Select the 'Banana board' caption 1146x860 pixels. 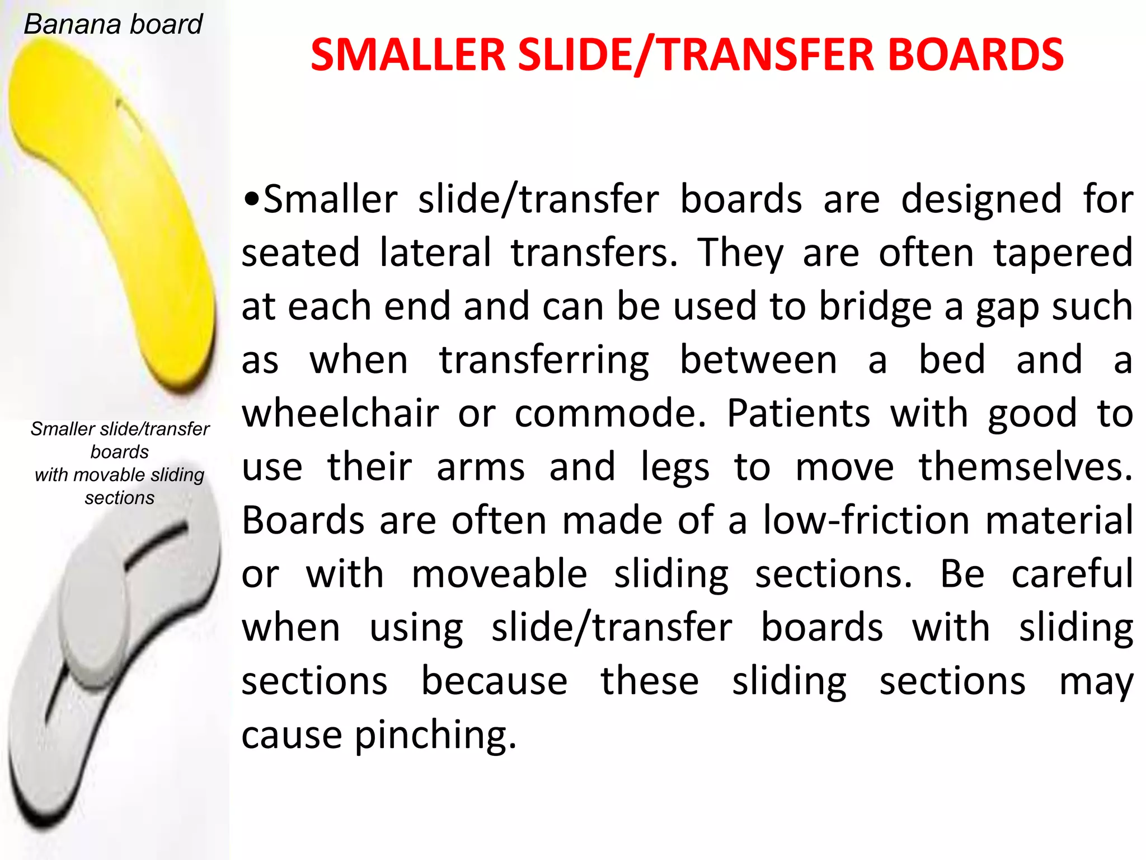click(x=113, y=25)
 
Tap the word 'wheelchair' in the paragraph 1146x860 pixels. click(x=340, y=414)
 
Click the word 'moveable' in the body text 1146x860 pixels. click(x=499, y=575)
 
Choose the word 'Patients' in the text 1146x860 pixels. click(x=799, y=414)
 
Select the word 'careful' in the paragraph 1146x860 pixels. click(x=1072, y=575)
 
